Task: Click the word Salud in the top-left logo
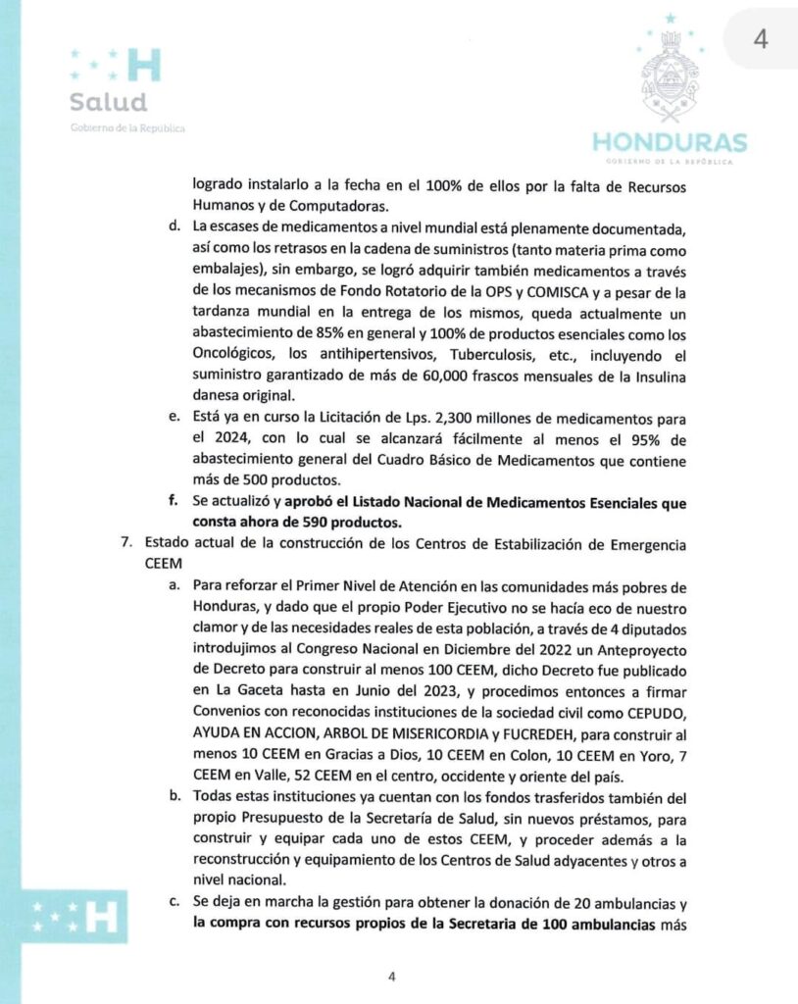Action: pos(108,102)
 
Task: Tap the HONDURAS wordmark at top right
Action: pos(670,142)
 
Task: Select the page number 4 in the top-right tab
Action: pos(759,38)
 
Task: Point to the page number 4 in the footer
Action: pos(391,976)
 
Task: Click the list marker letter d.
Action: pos(174,228)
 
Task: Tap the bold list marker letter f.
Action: pos(174,501)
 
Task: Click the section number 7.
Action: pos(121,541)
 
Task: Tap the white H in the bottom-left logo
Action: pos(101,919)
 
